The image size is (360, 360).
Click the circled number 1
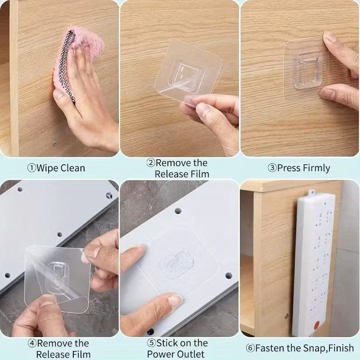[31, 168]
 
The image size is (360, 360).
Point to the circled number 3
[272, 168]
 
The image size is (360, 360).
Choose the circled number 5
[152, 343]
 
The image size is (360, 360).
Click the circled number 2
[151, 163]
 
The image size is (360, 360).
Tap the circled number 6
[250, 348]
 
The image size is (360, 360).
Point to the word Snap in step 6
[312, 348]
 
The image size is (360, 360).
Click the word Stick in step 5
[167, 343]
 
